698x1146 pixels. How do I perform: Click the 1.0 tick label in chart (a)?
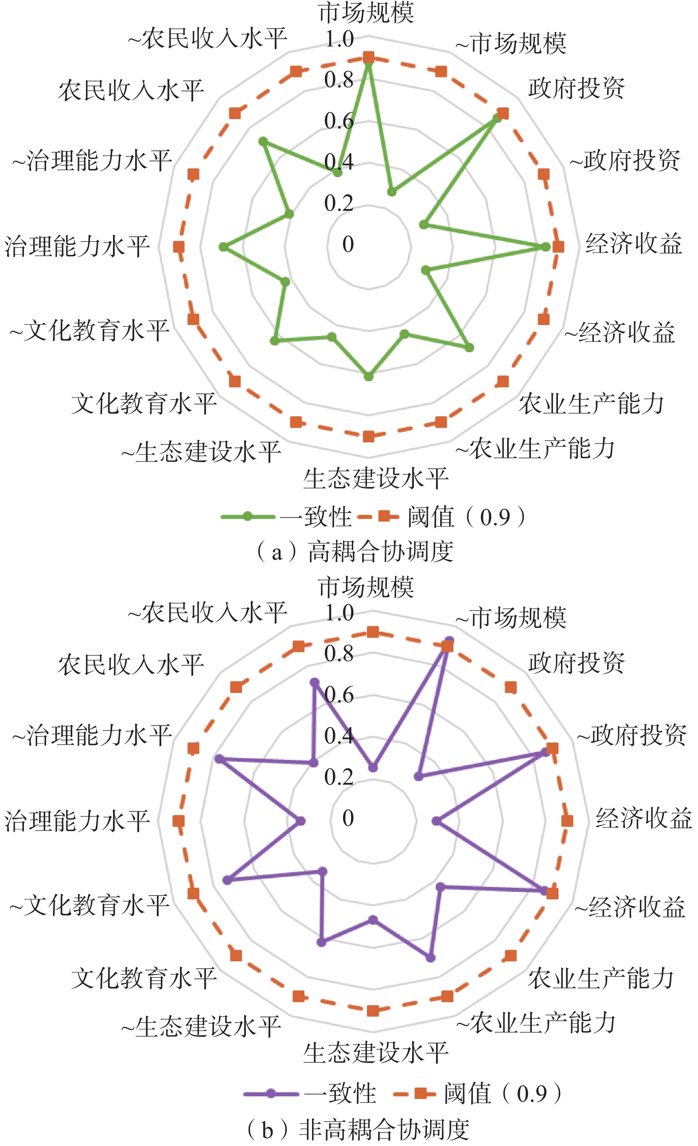pyautogui.click(x=339, y=39)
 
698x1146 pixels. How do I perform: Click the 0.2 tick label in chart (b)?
pyautogui.click(x=339, y=777)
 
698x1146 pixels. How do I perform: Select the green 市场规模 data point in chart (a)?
pyautogui.click(x=369, y=65)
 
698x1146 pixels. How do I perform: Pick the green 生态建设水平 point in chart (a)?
pyautogui.click(x=369, y=376)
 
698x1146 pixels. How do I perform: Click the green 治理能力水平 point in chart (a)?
pyautogui.click(x=224, y=247)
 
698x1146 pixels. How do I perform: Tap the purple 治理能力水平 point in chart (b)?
pyautogui.click(x=300, y=821)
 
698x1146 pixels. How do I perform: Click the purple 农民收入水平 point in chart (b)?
pyautogui.click(x=315, y=683)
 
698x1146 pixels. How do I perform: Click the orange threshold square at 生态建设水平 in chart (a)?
pyautogui.click(x=369, y=436)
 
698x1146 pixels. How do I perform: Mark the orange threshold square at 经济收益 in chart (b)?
pyautogui.click(x=567, y=821)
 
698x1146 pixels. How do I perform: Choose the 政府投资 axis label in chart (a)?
pyautogui.click(x=577, y=89)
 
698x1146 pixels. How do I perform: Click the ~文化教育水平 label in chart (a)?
pyautogui.click(x=90, y=331)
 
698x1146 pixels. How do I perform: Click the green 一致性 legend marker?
pyautogui.click(x=248, y=517)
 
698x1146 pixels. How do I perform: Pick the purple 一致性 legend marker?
pyautogui.click(x=271, y=1093)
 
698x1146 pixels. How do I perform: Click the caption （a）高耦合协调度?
pyautogui.click(x=355, y=552)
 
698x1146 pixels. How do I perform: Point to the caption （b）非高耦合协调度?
pyautogui.click(x=357, y=1130)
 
